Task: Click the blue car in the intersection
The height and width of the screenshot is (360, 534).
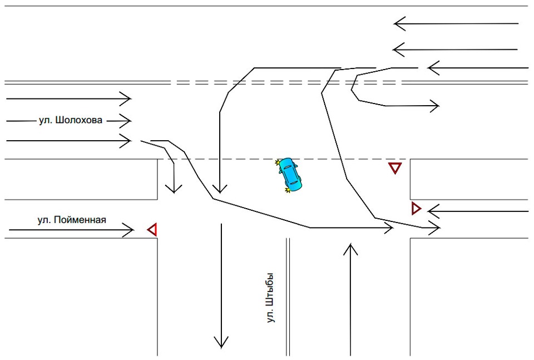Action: point(289,175)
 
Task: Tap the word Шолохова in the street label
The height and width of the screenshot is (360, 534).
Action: point(78,120)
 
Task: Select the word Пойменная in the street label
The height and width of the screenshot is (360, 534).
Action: point(80,220)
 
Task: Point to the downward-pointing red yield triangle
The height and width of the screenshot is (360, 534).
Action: point(395,168)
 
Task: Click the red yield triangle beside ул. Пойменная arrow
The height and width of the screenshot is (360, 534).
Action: point(152,230)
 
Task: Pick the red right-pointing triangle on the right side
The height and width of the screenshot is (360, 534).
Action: point(416,208)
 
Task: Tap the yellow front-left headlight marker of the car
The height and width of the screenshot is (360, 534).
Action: point(278,162)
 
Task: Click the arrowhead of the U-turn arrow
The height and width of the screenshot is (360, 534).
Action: point(435,106)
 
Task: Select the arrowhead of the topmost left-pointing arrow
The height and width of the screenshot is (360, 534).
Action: point(399,24)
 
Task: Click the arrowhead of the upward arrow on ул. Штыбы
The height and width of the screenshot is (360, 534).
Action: point(350,249)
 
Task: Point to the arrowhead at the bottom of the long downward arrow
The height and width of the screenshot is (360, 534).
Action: point(221,342)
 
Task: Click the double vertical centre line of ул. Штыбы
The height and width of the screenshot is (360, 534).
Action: point(288,297)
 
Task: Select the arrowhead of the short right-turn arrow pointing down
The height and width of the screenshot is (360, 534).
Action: point(174,189)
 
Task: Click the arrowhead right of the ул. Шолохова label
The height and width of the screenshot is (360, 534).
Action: point(125,121)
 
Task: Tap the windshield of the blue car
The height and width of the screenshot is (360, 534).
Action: point(287,168)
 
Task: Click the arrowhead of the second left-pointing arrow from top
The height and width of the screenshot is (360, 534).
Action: point(399,50)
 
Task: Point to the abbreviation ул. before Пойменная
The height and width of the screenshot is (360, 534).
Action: point(44,220)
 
